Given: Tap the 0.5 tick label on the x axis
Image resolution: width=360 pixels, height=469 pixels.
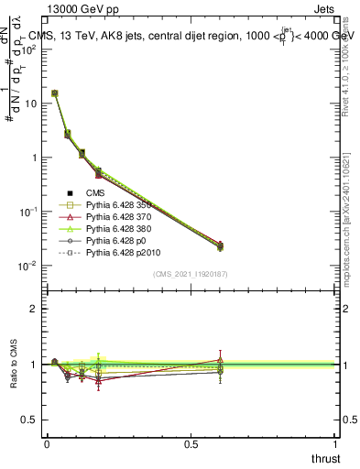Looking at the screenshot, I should pyautogui.click(x=191, y=443).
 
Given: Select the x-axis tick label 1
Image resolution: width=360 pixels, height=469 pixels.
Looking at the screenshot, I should pyautogui.click(x=336, y=443).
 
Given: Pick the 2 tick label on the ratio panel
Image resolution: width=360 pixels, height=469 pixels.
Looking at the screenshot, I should pyautogui.click(x=33, y=310).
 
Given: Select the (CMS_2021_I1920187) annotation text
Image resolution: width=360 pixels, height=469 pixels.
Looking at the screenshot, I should pyautogui.click(x=191, y=274).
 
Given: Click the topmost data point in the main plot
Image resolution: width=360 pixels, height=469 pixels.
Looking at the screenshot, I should pyautogui.click(x=55, y=93).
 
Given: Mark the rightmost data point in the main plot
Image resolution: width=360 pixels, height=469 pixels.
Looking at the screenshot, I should pyautogui.click(x=220, y=245).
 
